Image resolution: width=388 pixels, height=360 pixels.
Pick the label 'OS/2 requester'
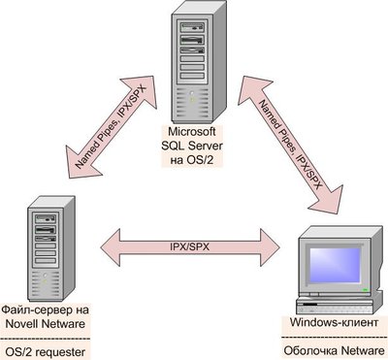pyautogui.click(x=45, y=346)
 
